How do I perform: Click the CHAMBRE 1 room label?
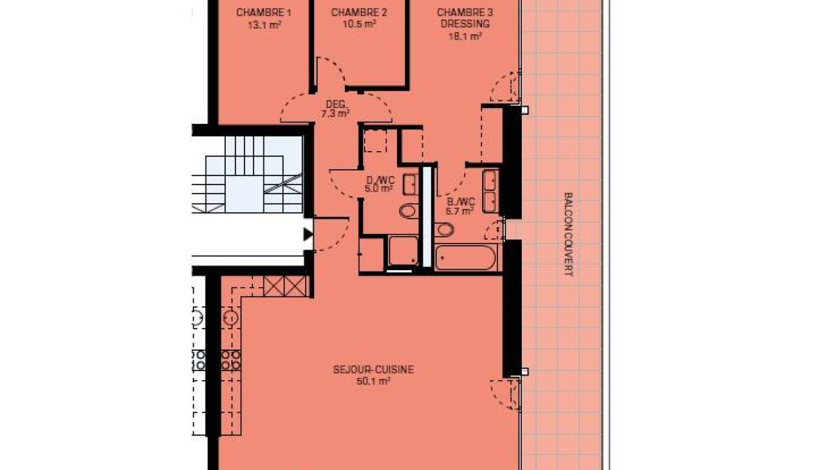pyautogui.click(x=263, y=13)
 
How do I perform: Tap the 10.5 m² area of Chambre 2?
pyautogui.click(x=359, y=24)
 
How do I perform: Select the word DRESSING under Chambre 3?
pyautogui.click(x=465, y=24)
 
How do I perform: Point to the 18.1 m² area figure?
pyautogui.click(x=465, y=36)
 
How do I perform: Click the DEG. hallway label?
pyautogui.click(x=336, y=104)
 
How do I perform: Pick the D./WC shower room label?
pyautogui.click(x=380, y=180)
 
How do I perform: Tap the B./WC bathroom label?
pyautogui.click(x=461, y=202)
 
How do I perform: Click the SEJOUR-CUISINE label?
pyautogui.click(x=373, y=370)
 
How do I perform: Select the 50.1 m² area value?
pyautogui.click(x=373, y=382)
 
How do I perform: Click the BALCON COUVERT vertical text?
pyautogui.click(x=568, y=234)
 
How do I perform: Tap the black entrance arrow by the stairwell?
pyautogui.click(x=308, y=235)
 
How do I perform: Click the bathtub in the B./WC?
pyautogui.click(x=466, y=258)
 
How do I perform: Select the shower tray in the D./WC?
pyautogui.click(x=403, y=250)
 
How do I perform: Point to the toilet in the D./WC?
pyautogui.click(x=408, y=211)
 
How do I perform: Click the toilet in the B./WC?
pyautogui.click(x=444, y=229)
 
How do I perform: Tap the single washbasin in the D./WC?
pyautogui.click(x=410, y=185)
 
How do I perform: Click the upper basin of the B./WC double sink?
pyautogui.click(x=490, y=180)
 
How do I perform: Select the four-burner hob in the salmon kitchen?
pyautogui.click(x=231, y=360)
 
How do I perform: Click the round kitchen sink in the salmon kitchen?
pyautogui.click(x=231, y=318)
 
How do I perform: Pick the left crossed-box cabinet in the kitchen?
pyautogui.click(x=274, y=286)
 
